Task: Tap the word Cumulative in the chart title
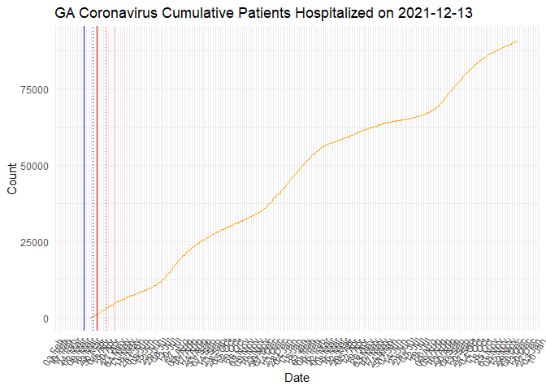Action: (x=197, y=13)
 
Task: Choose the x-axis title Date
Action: (x=296, y=378)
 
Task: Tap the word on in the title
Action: (x=383, y=13)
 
